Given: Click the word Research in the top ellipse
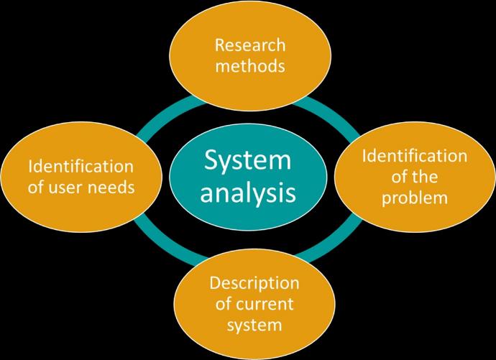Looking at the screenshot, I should pyautogui.click(x=250, y=46).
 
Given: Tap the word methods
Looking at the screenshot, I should pyautogui.click(x=250, y=67).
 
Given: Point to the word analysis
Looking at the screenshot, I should pyautogui.click(x=247, y=193).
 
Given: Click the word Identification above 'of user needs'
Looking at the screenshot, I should pyautogui.click(x=81, y=167).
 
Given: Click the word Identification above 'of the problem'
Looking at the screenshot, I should pyautogui.click(x=414, y=156).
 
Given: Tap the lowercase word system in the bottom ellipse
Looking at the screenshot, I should pyautogui.click(x=254, y=325).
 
